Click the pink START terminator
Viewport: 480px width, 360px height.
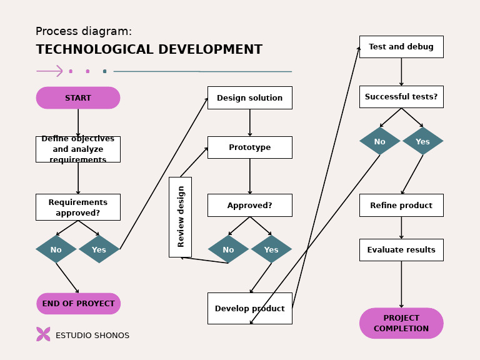click(78, 98)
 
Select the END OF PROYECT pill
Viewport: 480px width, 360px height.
click(78, 304)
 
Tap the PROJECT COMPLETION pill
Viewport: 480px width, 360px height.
click(401, 323)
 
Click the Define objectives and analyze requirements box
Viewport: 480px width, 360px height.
click(78, 149)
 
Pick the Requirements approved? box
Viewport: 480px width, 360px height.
click(78, 207)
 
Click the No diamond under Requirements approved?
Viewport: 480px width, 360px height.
click(56, 249)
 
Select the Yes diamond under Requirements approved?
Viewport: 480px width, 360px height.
click(99, 249)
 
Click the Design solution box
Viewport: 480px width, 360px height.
click(249, 98)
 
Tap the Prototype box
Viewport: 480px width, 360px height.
click(249, 147)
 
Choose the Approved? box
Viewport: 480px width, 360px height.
click(249, 205)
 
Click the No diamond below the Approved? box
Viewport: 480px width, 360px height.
click(228, 249)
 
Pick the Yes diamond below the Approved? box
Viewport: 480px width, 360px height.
click(271, 249)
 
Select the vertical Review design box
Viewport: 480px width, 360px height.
click(180, 217)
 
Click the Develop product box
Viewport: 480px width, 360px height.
click(249, 308)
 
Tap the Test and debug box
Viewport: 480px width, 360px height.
click(401, 47)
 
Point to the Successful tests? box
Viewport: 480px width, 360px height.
click(401, 97)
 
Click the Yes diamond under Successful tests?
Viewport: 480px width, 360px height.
click(422, 141)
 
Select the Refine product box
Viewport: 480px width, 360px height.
click(401, 205)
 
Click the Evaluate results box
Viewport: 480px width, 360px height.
click(401, 250)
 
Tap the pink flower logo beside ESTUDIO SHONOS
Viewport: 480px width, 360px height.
click(43, 334)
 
